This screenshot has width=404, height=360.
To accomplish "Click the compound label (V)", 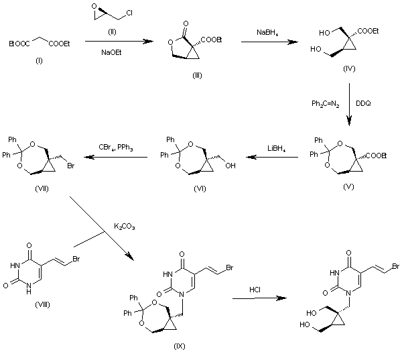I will [348, 189].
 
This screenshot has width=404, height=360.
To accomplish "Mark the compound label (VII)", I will [34, 189].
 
